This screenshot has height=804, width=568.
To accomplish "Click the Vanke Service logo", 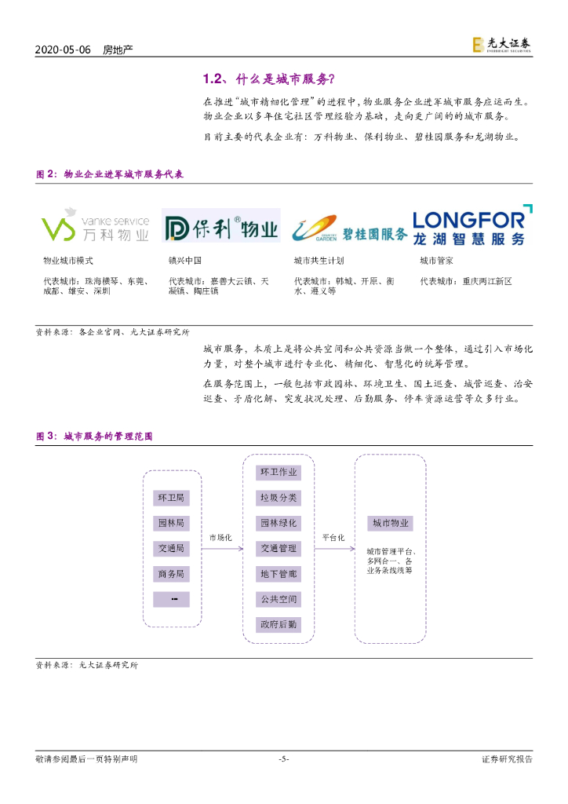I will pyautogui.click(x=95, y=225).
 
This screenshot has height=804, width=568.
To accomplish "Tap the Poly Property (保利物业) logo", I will pyautogui.click(x=221, y=225).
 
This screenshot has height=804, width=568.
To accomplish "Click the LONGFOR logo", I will pyautogui.click(x=472, y=225).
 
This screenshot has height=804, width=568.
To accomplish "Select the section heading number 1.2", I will pyautogui.click(x=214, y=79).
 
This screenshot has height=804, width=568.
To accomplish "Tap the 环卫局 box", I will pyautogui.click(x=171, y=498).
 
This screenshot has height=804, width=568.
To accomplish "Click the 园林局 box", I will pyautogui.click(x=171, y=523).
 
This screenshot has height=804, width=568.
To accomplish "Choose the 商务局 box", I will pyautogui.click(x=171, y=574).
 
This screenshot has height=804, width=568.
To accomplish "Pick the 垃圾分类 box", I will pyautogui.click(x=279, y=498).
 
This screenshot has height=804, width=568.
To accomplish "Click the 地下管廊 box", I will pyautogui.click(x=279, y=574).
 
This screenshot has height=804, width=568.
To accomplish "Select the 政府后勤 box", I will pyautogui.click(x=279, y=624).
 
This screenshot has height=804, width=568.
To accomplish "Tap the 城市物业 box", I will pyautogui.click(x=390, y=523).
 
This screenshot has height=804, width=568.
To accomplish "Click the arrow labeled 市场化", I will pyautogui.click(x=222, y=549).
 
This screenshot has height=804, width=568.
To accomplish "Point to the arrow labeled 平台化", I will pyautogui.click(x=334, y=549).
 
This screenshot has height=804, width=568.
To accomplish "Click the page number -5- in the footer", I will pyautogui.click(x=284, y=758).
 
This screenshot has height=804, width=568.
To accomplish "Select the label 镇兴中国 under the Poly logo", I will pyautogui.click(x=185, y=260).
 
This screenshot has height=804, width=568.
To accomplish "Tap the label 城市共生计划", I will pyautogui.click(x=319, y=260).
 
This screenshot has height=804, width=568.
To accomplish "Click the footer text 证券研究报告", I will pyautogui.click(x=506, y=758).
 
